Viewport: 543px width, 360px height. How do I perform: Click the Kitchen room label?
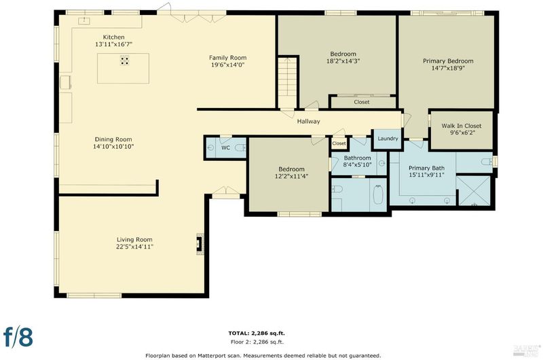113,37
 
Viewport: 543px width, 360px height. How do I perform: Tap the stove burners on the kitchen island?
125,60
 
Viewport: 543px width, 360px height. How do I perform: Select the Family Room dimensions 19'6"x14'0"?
228,65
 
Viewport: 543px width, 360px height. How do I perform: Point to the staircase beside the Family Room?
287,82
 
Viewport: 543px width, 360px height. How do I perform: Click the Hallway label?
309,122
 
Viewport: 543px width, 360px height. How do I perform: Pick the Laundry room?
388,139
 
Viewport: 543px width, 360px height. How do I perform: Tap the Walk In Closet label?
462,126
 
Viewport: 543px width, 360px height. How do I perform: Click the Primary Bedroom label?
448,61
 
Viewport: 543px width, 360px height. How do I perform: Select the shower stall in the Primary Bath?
474,191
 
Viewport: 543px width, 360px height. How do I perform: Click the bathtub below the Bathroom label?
378,195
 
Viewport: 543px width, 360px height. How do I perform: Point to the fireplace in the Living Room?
200,245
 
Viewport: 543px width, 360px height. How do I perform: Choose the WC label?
226,148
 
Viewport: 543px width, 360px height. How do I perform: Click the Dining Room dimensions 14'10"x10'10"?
113,147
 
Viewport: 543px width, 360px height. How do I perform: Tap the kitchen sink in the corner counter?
83,21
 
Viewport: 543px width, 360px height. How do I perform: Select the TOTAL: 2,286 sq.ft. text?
257,334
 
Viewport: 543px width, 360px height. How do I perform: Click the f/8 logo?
18,337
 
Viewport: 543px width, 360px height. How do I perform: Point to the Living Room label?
134,239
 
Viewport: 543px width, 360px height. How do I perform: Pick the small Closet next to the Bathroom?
339,143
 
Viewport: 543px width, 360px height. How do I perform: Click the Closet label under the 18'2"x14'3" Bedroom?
362,102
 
